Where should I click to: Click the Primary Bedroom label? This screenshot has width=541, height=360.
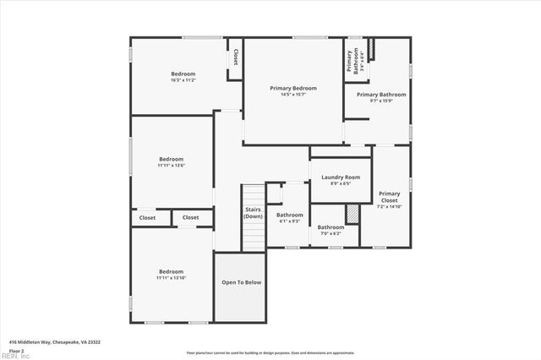pos(293,88)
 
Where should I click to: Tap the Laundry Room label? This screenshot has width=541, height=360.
pos(341,177)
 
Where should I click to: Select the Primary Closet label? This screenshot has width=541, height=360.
pos(389,197)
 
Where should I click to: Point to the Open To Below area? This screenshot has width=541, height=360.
pos(242,282)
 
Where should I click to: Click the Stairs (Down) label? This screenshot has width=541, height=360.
pos(254,212)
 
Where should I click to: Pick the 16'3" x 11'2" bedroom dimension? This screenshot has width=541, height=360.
pos(183,80)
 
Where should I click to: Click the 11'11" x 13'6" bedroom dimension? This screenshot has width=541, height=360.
pos(171,166)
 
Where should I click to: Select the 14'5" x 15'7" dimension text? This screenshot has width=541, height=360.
pos(293,95)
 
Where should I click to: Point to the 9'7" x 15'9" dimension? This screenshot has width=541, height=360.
pos(381,101)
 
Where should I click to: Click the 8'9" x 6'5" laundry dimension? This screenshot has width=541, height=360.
pos(341,183)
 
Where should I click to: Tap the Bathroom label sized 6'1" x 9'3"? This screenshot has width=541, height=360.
pos(290,215)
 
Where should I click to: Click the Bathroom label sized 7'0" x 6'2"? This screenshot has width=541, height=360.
pos(331,226)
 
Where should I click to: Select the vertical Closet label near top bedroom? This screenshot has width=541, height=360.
pos(236,57)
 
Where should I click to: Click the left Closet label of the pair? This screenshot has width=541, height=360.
pos(148,217)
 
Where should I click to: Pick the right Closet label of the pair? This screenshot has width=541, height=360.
pos(191,217)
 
